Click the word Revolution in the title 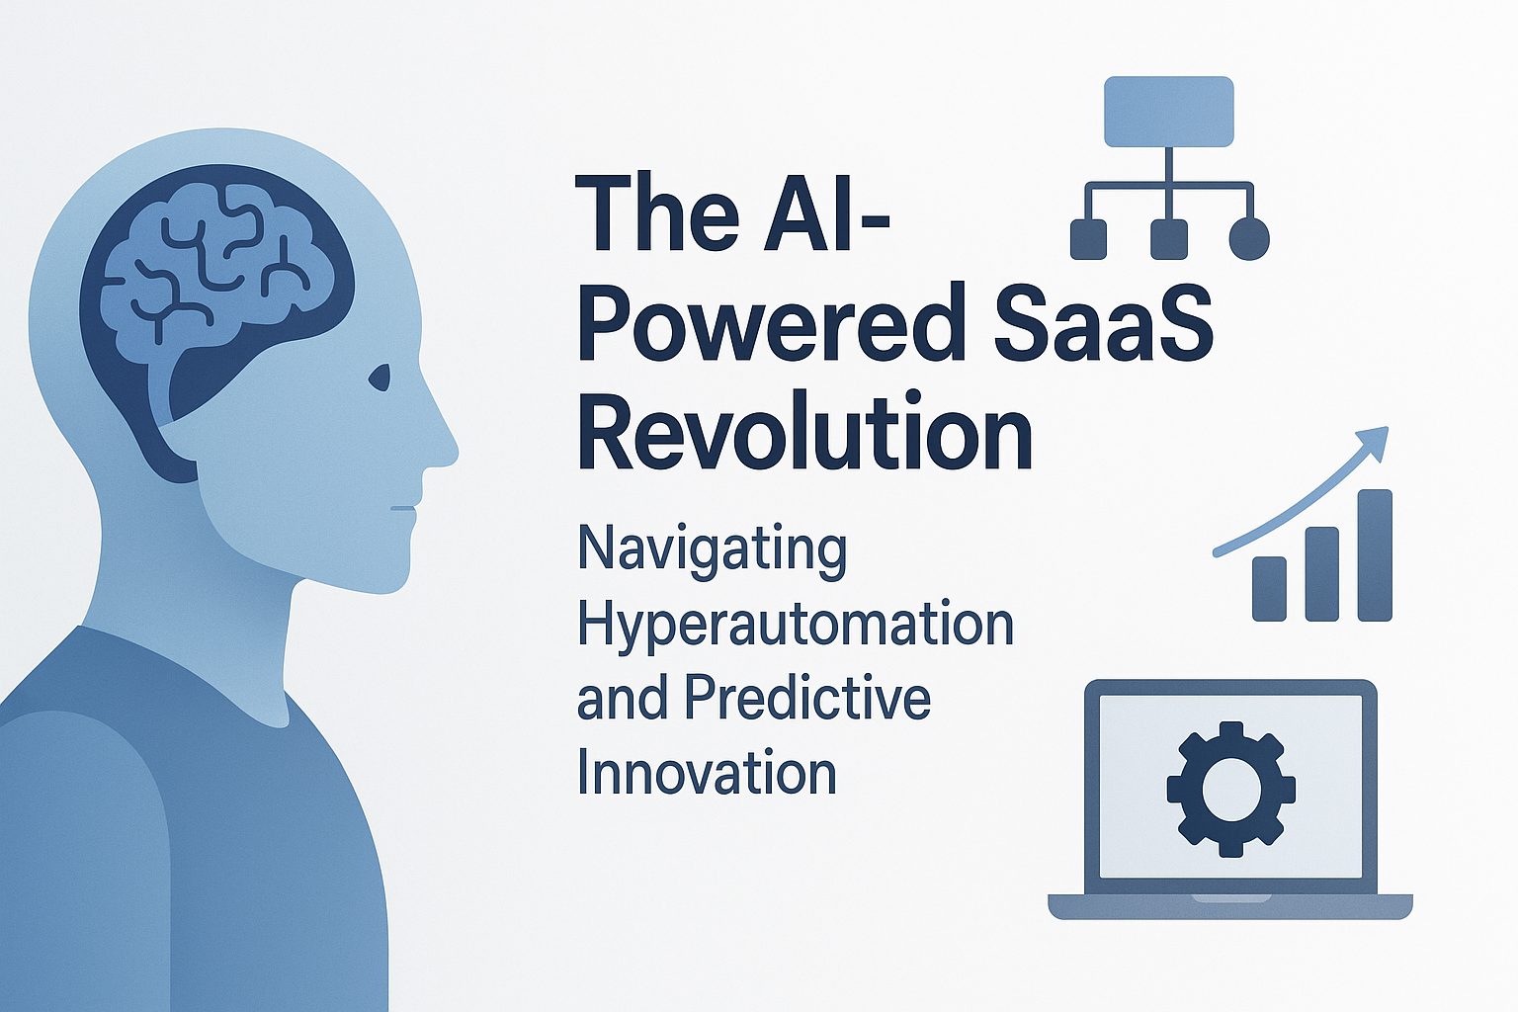tap(804, 432)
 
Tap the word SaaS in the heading tap(1103, 324)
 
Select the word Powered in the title tap(772, 324)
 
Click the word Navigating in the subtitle tap(712, 549)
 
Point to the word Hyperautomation tap(796, 625)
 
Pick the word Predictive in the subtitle tap(807, 698)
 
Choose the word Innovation tap(707, 773)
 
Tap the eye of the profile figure tap(379, 377)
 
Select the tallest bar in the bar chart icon tap(1375, 554)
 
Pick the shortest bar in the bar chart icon tap(1269, 589)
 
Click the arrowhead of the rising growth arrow tap(1375, 439)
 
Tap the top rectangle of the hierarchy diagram tap(1168, 111)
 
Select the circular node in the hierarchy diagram tap(1248, 239)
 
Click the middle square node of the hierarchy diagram tap(1168, 239)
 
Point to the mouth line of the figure tap(403, 508)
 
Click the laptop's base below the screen tap(1230, 905)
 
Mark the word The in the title tap(656, 213)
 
